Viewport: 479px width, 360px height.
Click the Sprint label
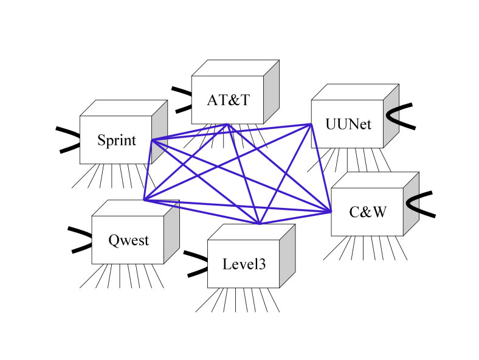(x=115, y=140)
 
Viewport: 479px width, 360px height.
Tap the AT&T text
(x=228, y=100)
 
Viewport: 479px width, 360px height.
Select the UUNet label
(x=347, y=124)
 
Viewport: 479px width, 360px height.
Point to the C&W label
(x=367, y=212)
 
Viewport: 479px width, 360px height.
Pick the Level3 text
(x=244, y=264)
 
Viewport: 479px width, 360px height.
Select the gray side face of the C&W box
(x=412, y=201)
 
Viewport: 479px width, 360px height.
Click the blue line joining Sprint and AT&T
(x=189, y=133)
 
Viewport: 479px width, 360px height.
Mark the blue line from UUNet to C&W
(x=321, y=167)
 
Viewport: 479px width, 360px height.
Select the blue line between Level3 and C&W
(x=295, y=218)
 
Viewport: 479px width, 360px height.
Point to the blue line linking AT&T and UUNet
(x=269, y=124)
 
